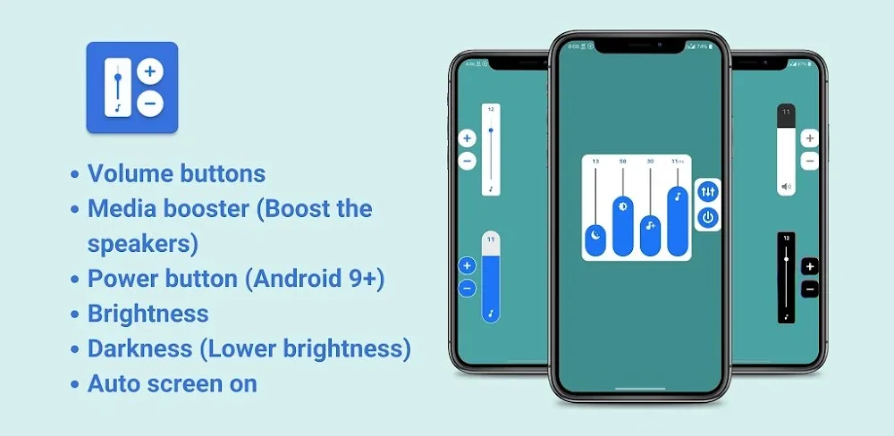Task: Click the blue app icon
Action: (x=131, y=88)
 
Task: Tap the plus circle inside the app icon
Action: (x=150, y=71)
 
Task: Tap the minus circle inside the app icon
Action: (x=150, y=104)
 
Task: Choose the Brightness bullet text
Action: (x=148, y=314)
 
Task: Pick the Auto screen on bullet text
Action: (x=172, y=384)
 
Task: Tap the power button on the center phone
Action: (x=708, y=216)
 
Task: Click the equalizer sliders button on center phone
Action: (x=708, y=191)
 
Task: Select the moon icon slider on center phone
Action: (x=595, y=236)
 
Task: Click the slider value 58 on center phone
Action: (x=622, y=162)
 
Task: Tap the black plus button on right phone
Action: (x=810, y=266)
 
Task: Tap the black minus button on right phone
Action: (x=810, y=289)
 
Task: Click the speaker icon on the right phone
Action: (x=786, y=188)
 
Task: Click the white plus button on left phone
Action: (x=467, y=138)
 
